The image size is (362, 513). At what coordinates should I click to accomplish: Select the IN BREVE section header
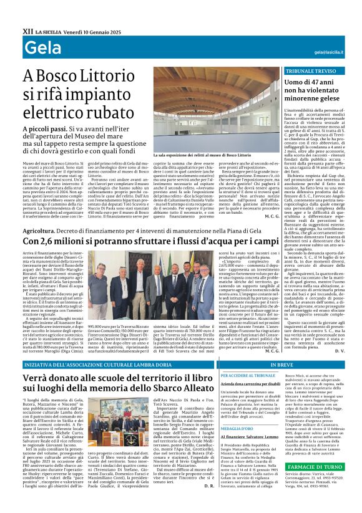(x=282, y=365)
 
